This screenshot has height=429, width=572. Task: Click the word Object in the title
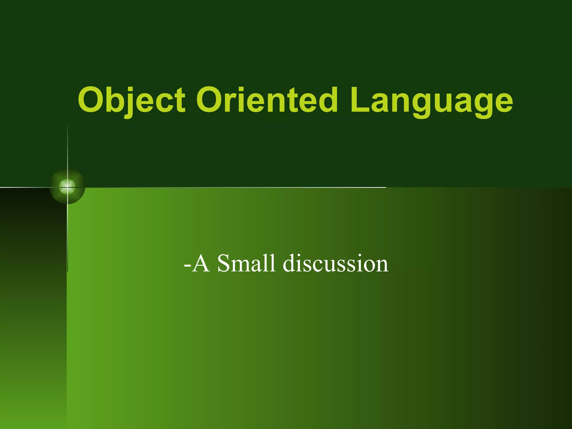pyautogui.click(x=131, y=100)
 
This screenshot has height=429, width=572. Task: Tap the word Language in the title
pyautogui.click(x=432, y=100)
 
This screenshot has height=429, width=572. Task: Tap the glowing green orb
pyautogui.click(x=67, y=187)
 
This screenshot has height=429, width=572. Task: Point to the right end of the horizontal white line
pyautogui.click(x=385, y=187)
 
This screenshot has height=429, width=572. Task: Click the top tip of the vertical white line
pyautogui.click(x=68, y=122)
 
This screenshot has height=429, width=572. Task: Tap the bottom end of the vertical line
pyautogui.click(x=68, y=271)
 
